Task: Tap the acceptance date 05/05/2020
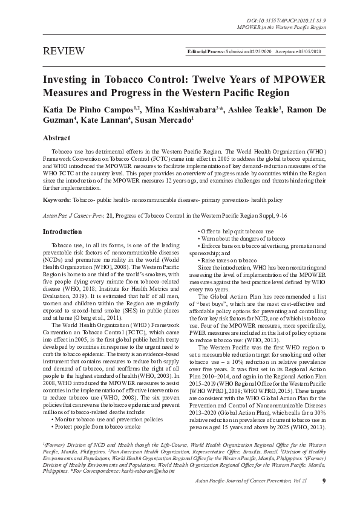coord(307,53)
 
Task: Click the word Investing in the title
coord(67,80)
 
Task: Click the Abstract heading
coord(57,138)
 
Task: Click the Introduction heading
coord(62,232)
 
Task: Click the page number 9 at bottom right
coord(324,481)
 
